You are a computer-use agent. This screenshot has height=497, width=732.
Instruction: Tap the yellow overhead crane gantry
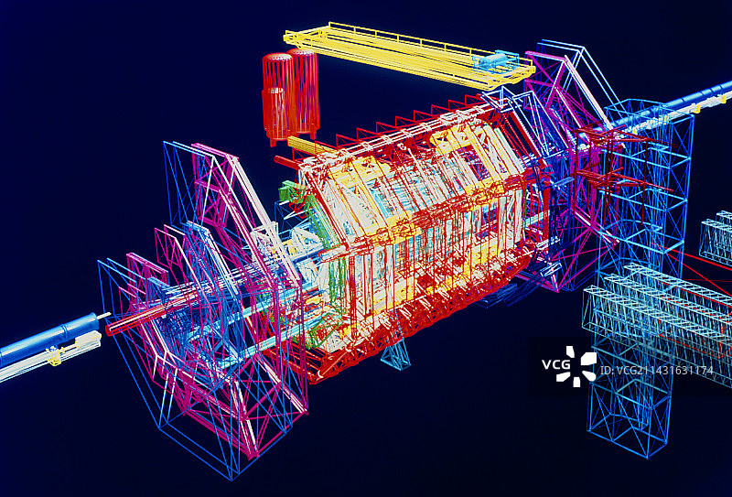click(x=409, y=55)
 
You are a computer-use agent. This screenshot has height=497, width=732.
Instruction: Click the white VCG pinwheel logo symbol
click(x=581, y=366)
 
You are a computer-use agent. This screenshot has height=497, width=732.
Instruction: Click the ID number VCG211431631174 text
click(x=656, y=371)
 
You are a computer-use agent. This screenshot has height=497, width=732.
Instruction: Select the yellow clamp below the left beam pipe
click(x=55, y=356)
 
